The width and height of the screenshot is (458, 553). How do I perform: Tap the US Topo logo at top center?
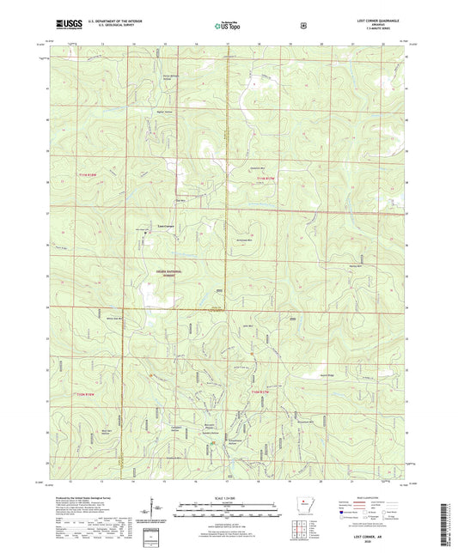click(x=228, y=26)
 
